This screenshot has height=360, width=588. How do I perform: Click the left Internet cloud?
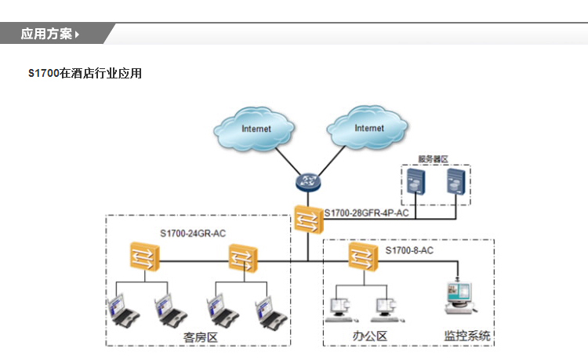click(x=256, y=128)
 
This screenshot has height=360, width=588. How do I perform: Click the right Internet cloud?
click(x=369, y=127)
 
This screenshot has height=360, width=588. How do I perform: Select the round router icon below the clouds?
click(x=306, y=183)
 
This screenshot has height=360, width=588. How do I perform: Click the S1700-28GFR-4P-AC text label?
click(x=366, y=213)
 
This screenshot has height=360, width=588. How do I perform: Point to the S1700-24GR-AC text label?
click(x=193, y=233)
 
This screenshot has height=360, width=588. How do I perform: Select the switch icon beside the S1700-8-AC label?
click(x=362, y=256)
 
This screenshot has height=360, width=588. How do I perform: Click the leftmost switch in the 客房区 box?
click(x=145, y=256)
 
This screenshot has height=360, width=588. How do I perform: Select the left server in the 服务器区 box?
click(x=416, y=184)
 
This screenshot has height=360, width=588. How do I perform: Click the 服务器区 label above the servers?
click(x=433, y=158)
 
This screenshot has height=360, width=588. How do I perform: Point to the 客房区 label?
click(x=199, y=336)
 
